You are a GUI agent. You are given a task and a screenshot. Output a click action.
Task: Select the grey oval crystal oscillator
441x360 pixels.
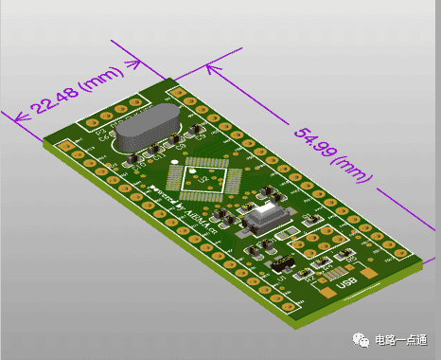143,128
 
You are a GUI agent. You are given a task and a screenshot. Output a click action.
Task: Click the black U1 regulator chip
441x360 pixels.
279,265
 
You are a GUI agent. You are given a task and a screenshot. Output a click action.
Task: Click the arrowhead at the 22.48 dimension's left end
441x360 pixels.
11,117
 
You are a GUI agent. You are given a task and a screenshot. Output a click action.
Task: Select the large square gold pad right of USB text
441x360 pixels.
368,275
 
